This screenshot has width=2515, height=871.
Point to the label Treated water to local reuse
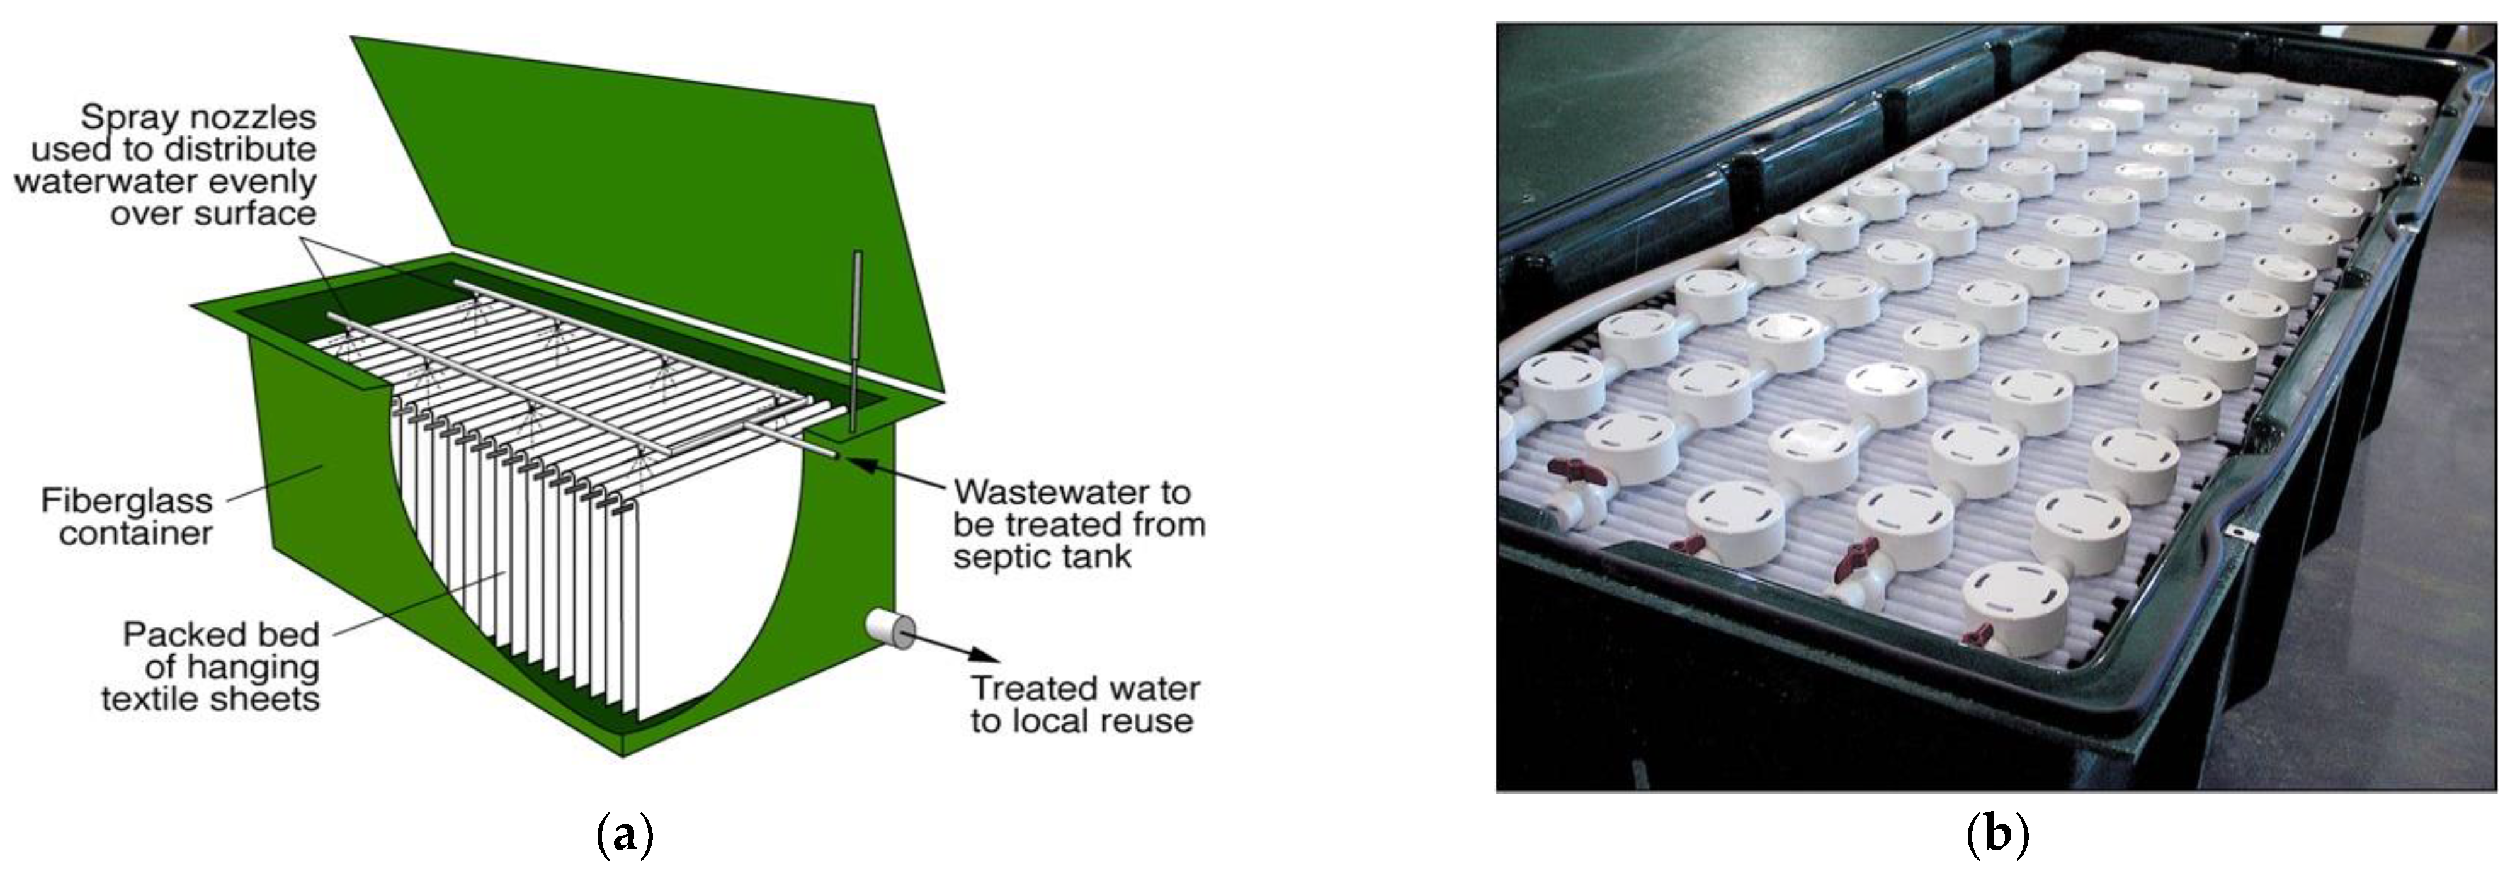click(1084, 704)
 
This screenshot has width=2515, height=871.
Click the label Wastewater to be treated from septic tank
click(1078, 525)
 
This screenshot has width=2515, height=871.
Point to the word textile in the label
click(149, 699)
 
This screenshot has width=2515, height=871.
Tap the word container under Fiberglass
click(136, 533)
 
